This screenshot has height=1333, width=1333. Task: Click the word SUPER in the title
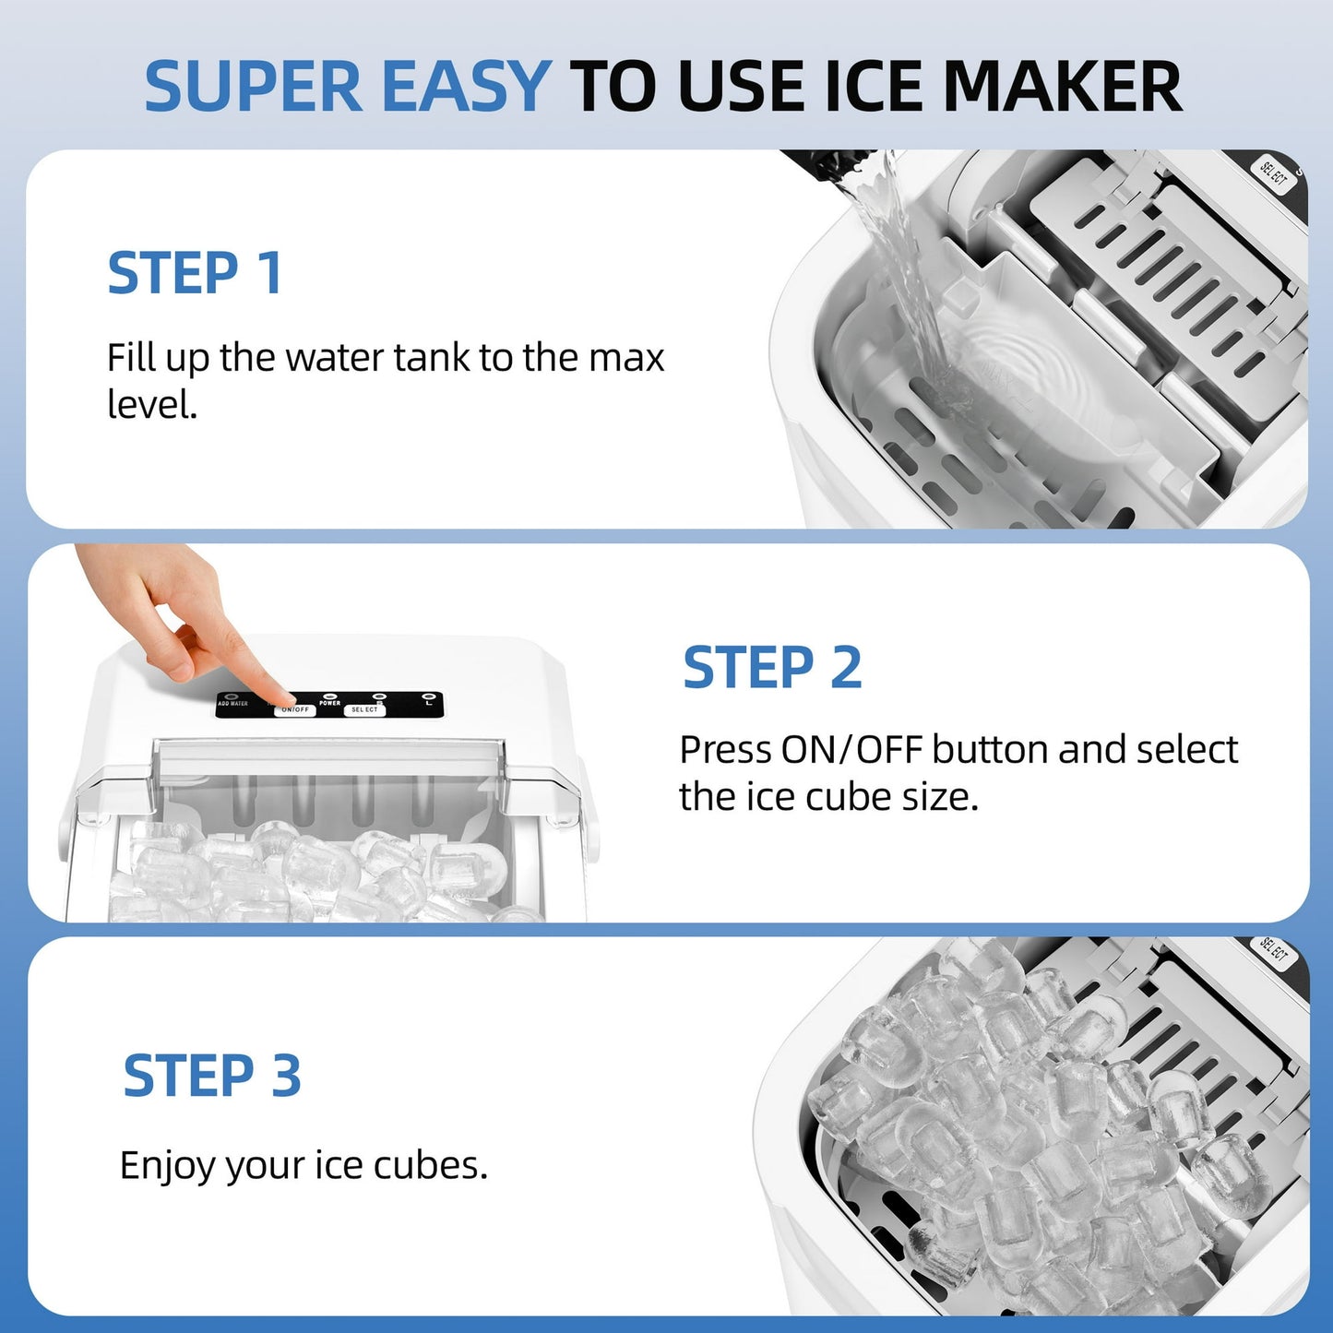[254, 87]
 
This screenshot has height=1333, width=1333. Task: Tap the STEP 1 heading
[195, 274]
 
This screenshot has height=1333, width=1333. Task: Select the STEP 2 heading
[772, 668]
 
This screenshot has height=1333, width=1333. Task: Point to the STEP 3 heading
[212, 1077]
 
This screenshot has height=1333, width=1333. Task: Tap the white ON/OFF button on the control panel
[295, 710]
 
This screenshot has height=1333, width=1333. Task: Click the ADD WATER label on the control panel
[232, 704]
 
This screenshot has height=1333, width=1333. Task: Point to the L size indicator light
[427, 696]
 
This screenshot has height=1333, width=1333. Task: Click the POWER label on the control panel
[330, 703]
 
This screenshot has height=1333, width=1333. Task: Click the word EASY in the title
[465, 87]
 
